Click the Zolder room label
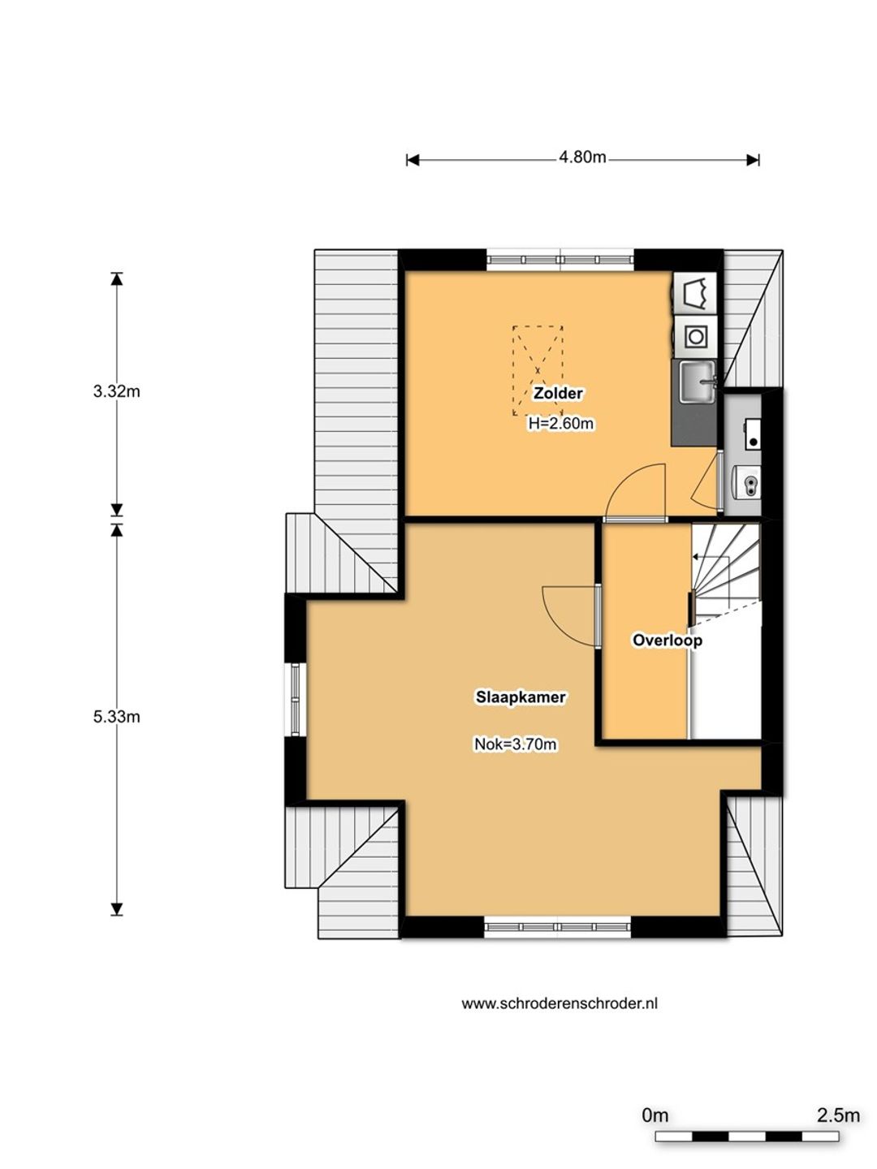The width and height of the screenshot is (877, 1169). (x=558, y=394)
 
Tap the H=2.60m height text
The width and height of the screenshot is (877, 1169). (x=560, y=424)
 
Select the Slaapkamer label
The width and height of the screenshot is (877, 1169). (x=521, y=697)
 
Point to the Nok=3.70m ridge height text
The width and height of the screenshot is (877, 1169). (x=516, y=744)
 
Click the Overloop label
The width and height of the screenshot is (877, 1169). (x=667, y=640)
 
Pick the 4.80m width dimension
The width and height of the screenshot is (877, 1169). (x=582, y=157)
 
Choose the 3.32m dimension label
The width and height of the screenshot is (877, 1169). (x=117, y=391)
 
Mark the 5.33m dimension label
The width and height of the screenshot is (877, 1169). (x=117, y=717)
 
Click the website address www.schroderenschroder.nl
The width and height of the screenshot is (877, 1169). (x=559, y=1003)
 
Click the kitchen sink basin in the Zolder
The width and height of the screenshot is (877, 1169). (x=697, y=382)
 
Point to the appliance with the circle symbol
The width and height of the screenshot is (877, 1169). (x=696, y=337)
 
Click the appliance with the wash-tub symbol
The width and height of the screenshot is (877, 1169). (x=696, y=293)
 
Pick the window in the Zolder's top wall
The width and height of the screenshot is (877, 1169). (x=560, y=260)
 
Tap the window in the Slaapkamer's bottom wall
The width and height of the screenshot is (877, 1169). (x=558, y=927)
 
